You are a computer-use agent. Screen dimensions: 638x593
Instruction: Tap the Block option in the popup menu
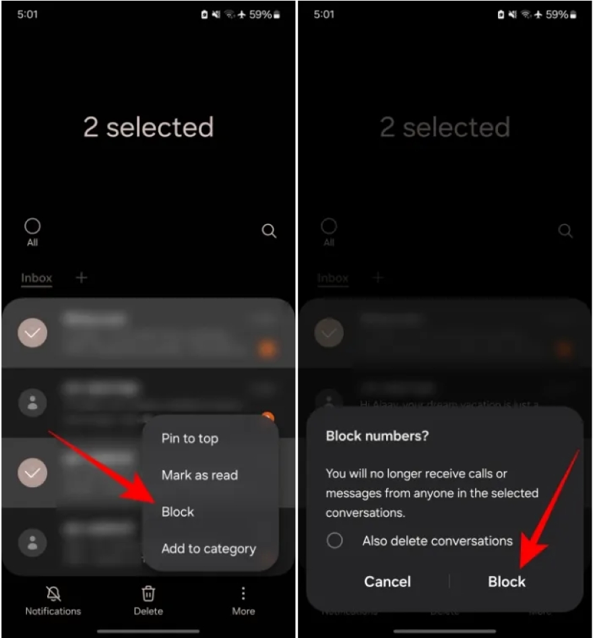(178, 512)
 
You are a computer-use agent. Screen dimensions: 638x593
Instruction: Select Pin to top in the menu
(189, 439)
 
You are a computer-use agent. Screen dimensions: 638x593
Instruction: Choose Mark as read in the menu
(199, 475)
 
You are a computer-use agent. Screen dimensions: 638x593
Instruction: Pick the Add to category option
(208, 548)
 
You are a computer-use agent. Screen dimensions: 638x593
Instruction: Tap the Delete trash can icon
(148, 594)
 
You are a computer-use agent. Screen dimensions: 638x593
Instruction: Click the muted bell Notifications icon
(53, 594)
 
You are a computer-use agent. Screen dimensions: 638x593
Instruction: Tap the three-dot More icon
(243, 594)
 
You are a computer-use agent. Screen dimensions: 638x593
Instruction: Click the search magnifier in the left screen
(269, 231)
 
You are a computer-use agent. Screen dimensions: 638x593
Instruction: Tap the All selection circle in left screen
(32, 226)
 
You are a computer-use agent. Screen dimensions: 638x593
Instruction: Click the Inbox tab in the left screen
(36, 278)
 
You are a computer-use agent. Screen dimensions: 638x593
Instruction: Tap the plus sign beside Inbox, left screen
(81, 278)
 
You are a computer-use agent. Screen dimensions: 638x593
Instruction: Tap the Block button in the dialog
(507, 581)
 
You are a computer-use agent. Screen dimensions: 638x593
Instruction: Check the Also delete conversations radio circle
(335, 540)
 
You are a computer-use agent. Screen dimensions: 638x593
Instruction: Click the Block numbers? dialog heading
(377, 436)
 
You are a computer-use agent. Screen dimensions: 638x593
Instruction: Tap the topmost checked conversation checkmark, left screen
(32, 333)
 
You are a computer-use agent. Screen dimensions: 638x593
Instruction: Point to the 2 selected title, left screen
(148, 127)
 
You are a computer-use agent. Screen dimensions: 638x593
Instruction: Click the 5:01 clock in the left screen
(28, 14)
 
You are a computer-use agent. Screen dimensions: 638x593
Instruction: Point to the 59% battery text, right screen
(557, 14)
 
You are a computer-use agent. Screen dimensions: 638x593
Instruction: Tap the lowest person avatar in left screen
(32, 542)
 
